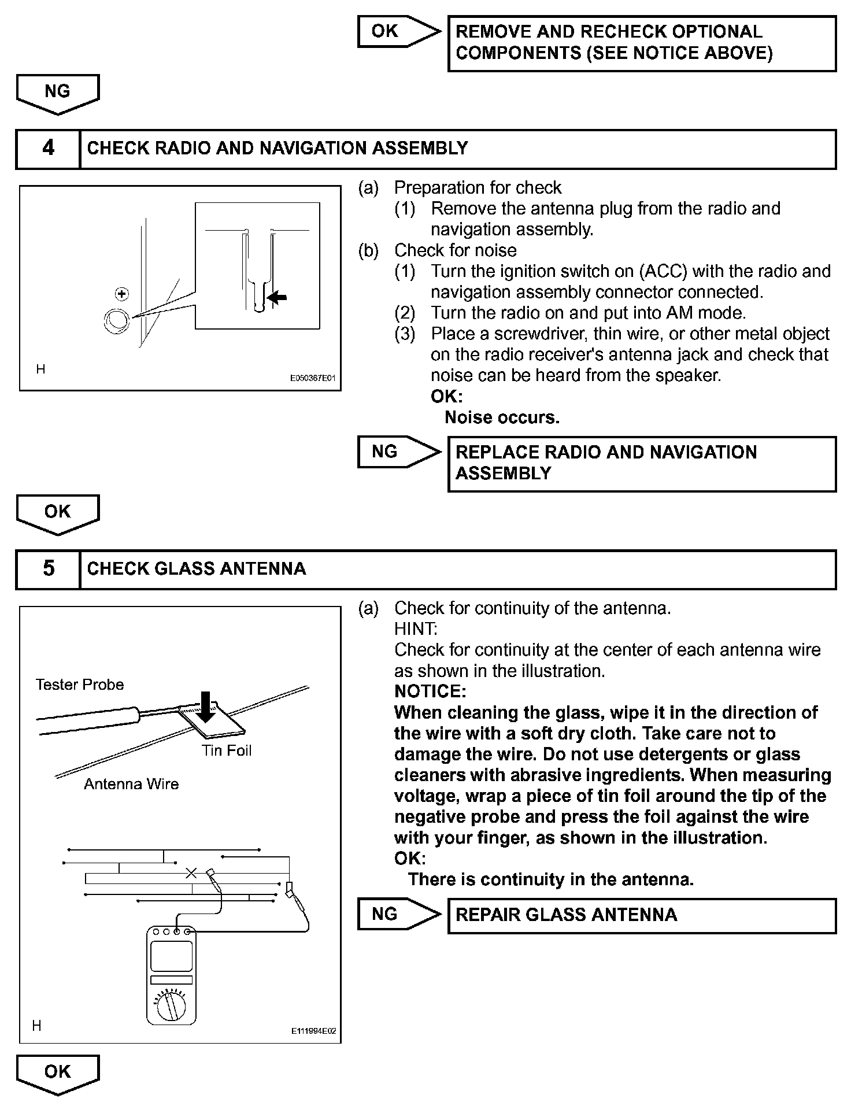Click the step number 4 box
tap(49, 149)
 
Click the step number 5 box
tap(49, 569)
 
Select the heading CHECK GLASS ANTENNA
tap(197, 569)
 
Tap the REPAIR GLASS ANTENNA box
tap(642, 915)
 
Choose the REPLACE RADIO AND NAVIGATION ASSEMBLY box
tap(642, 463)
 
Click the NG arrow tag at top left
tap(58, 93)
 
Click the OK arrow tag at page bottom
tap(58, 1073)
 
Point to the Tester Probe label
tap(80, 685)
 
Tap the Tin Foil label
tap(227, 750)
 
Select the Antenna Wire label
tap(131, 784)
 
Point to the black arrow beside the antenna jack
tap(277, 298)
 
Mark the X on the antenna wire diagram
tap(191, 873)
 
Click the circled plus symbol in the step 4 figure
tap(121, 294)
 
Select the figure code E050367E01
tap(312, 379)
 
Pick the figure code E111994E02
tap(313, 1031)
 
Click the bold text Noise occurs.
tap(502, 417)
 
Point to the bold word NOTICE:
tap(430, 691)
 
